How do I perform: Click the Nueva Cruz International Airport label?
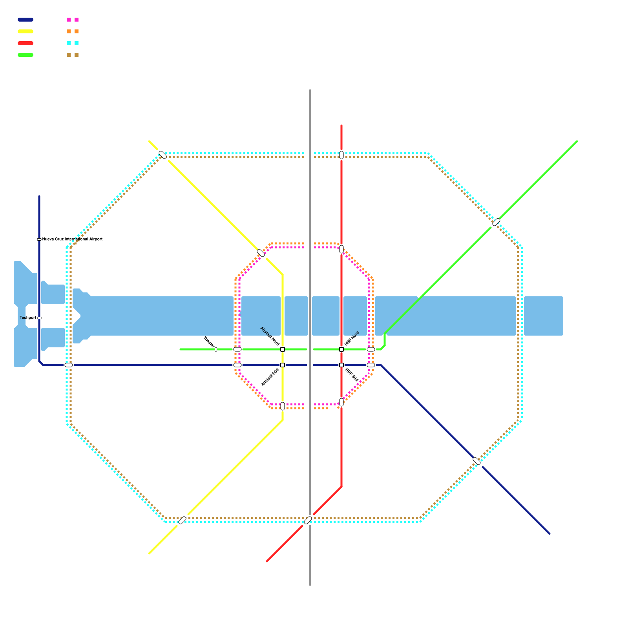click(x=72, y=239)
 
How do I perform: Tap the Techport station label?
click(x=28, y=318)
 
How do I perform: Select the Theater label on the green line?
click(x=208, y=341)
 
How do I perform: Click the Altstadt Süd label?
click(x=270, y=377)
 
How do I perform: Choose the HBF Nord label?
click(x=352, y=338)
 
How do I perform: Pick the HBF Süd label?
click(x=352, y=375)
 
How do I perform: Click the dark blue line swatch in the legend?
click(x=26, y=20)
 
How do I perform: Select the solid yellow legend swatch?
click(x=26, y=31)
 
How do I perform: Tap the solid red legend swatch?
click(x=26, y=43)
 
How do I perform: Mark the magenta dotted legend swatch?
click(x=73, y=20)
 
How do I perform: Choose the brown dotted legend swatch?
click(x=73, y=55)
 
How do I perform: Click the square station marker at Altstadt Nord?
click(x=283, y=349)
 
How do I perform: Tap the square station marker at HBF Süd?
click(x=341, y=365)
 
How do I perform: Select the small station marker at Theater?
click(x=216, y=349)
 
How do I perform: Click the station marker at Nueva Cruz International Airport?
click(x=39, y=239)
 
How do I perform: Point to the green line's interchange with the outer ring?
click(x=496, y=222)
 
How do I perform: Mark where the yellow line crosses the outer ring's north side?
click(x=162, y=155)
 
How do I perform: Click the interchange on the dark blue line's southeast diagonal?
click(x=476, y=461)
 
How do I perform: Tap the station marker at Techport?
click(x=39, y=318)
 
